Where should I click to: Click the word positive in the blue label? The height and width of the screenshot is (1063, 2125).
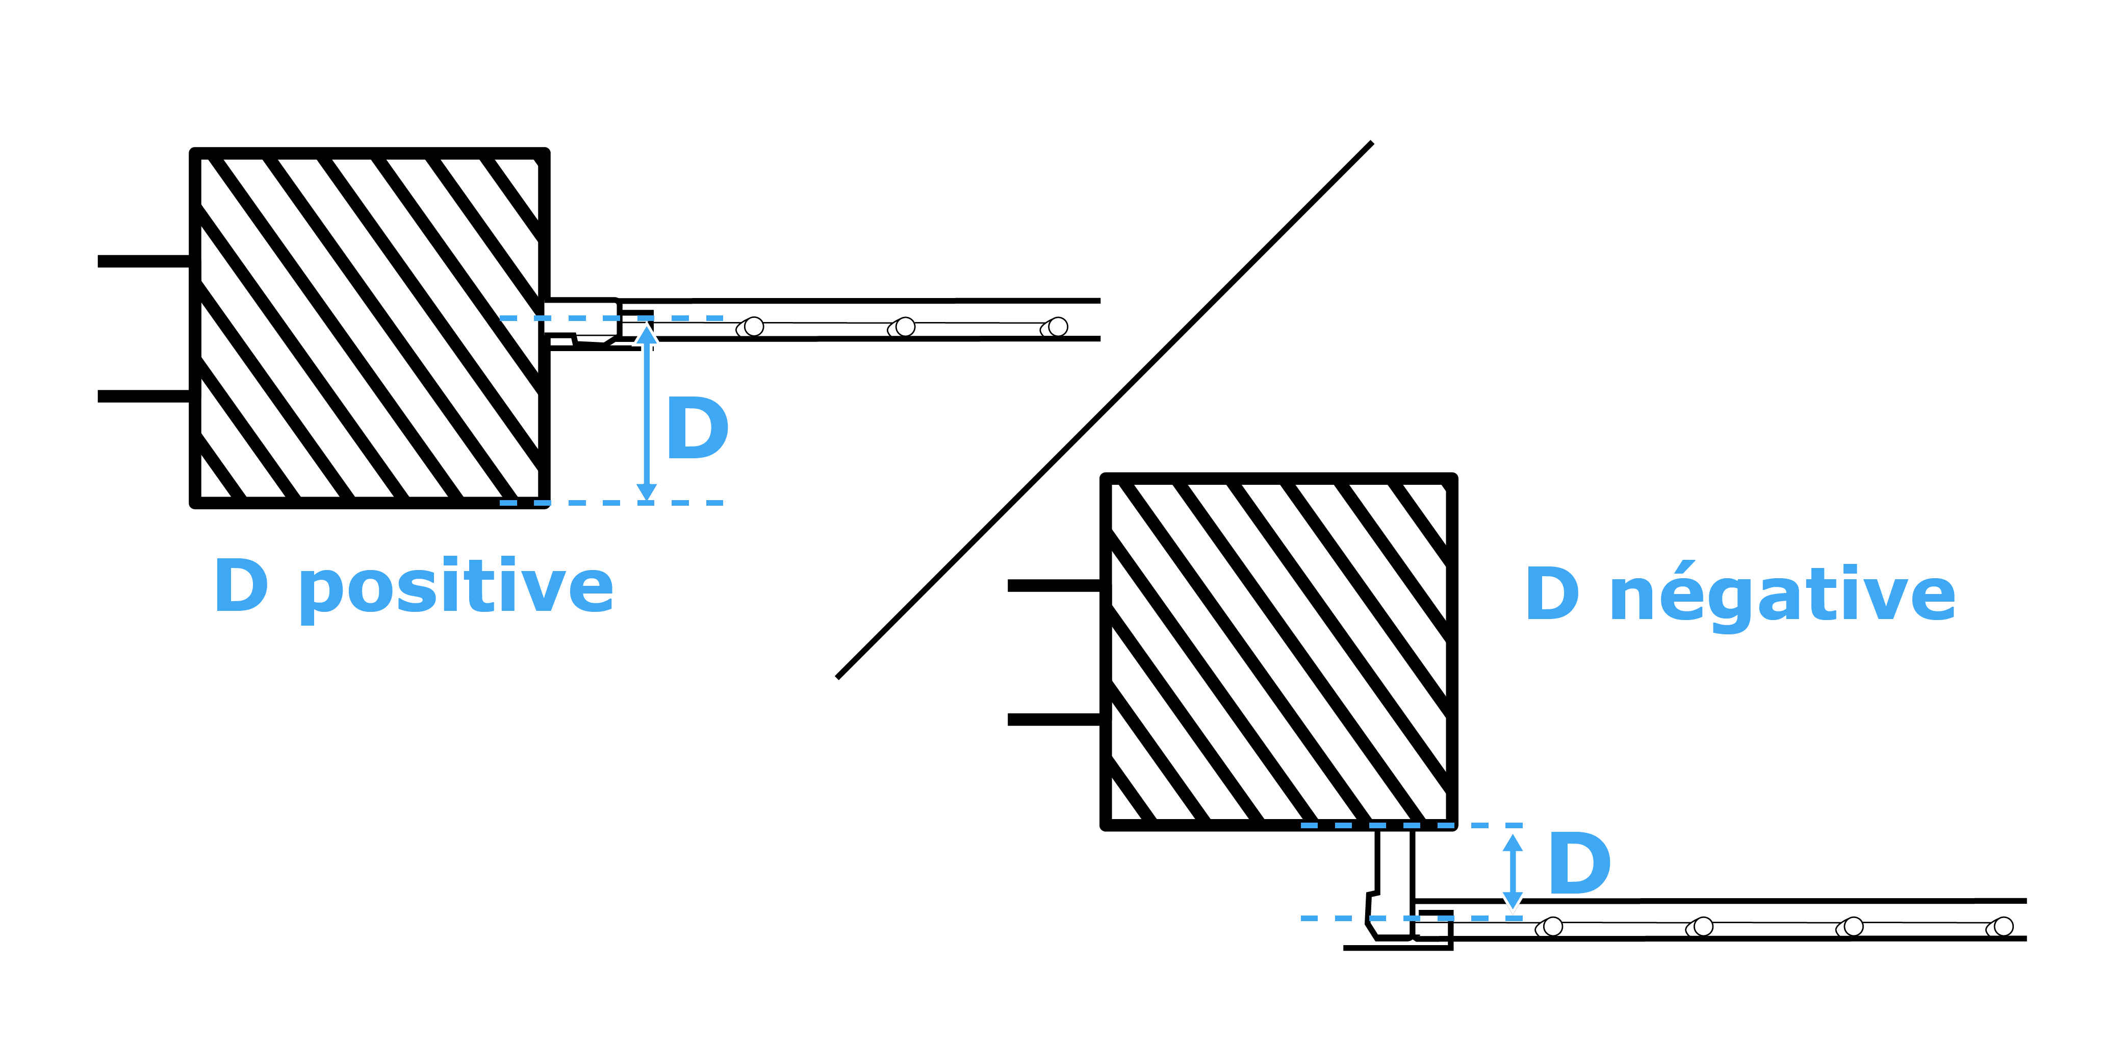pos(456,587)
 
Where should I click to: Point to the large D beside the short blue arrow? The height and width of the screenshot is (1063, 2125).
pos(1579,864)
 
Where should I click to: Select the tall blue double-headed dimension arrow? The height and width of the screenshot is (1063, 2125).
pos(647,413)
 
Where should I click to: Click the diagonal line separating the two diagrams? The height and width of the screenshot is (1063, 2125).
pos(1106,410)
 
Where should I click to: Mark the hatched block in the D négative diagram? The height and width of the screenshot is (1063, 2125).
pos(1278,652)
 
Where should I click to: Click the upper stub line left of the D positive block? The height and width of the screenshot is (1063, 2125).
pos(144,262)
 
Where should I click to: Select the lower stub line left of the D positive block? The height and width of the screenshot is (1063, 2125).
pos(144,396)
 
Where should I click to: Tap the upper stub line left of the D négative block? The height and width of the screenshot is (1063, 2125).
pos(1054,586)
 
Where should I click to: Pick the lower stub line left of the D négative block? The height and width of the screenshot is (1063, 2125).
pos(1054,720)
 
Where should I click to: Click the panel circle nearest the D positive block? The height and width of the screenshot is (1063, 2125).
pos(752,327)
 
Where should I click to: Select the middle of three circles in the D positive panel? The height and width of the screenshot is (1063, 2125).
pos(904,327)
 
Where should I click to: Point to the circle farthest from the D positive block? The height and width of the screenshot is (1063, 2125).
pos(1057,327)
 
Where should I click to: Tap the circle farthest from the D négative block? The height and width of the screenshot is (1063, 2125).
pos(2003,927)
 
